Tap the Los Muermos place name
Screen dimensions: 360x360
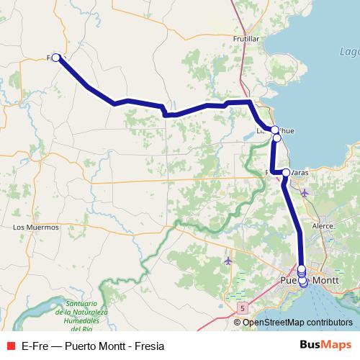click(36, 227)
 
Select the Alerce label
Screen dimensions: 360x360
click(322, 225)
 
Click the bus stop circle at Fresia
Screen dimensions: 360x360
click(56, 58)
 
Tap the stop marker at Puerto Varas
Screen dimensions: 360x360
click(286, 173)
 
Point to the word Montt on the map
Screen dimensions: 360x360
click(326, 280)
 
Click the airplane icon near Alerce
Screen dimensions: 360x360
click(305, 193)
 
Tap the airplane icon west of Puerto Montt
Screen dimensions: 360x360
click(228, 260)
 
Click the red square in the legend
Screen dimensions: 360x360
click(11, 345)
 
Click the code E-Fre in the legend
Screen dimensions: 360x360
click(37, 345)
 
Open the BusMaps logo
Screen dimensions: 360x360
click(325, 344)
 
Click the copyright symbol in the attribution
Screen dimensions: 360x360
click(238, 322)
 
